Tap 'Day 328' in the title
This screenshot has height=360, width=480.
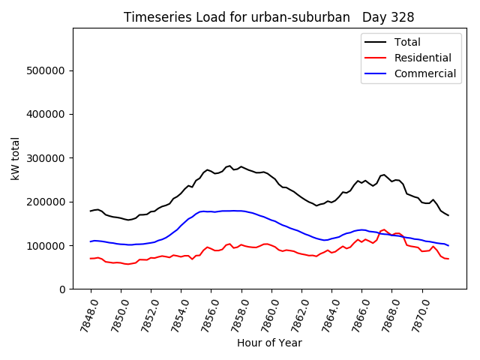[388, 17]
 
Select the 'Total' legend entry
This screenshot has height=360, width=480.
[407, 42]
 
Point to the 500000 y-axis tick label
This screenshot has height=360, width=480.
[46, 70]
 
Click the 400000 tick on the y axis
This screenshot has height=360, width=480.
[46, 114]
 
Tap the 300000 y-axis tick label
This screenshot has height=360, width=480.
[46, 158]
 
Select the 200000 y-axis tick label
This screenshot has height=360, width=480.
[46, 202]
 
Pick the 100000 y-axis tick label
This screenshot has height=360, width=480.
[46, 245]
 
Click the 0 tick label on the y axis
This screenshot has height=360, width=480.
[63, 289]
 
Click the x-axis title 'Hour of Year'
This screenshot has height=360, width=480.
[269, 343]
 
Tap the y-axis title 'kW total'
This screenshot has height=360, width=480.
[16, 158]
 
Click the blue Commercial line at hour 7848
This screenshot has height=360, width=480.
[91, 241]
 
